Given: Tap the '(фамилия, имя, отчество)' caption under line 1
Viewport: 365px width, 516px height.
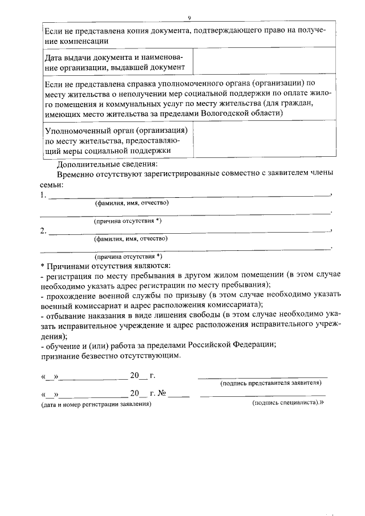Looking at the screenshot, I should coord(132,203).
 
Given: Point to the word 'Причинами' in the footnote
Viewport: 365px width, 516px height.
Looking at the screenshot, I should coord(67,266).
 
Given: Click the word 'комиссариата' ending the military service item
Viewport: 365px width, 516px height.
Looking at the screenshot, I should coord(231,304).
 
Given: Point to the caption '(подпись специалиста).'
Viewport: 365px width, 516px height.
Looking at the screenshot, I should coord(287,403).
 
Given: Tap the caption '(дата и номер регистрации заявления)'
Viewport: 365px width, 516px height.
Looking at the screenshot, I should coord(96,404).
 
